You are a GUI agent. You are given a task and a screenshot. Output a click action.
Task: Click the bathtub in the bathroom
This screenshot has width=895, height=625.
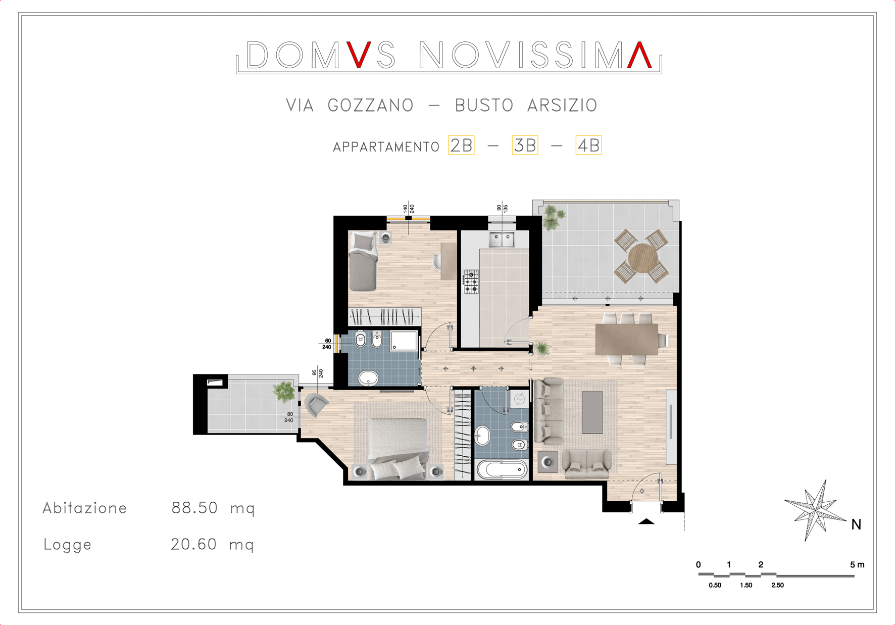click(502, 469)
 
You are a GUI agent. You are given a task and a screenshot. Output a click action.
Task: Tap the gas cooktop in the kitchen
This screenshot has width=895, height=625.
click(471, 281)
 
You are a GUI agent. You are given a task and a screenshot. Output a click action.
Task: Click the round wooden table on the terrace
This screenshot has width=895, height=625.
click(642, 258)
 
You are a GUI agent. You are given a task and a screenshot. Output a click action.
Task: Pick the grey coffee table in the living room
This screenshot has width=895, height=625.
click(592, 412)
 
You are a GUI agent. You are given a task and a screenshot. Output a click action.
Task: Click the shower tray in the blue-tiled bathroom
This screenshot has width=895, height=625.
click(404, 341)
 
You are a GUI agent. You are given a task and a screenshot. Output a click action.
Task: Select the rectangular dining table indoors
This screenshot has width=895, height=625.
click(627, 340)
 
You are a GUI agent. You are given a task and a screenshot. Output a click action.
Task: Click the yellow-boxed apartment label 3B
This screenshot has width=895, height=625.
click(525, 146)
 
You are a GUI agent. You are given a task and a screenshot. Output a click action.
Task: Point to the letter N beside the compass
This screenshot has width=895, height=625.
click(856, 525)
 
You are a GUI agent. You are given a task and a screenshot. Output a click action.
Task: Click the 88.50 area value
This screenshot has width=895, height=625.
click(194, 507)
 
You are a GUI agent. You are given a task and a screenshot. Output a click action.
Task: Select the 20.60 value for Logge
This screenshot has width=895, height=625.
click(193, 544)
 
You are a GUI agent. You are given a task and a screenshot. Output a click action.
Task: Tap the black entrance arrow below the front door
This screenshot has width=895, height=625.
click(646, 521)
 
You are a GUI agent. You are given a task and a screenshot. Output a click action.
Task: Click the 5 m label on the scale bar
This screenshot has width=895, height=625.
click(857, 564)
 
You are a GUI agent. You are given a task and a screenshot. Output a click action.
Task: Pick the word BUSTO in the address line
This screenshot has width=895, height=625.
click(484, 105)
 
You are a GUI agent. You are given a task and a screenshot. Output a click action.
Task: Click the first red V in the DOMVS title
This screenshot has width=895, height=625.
click(359, 55)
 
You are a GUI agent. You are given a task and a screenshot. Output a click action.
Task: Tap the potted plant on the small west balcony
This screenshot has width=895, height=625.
click(284, 391)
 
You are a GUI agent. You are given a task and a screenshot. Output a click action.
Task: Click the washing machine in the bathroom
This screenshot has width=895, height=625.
click(519, 399)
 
